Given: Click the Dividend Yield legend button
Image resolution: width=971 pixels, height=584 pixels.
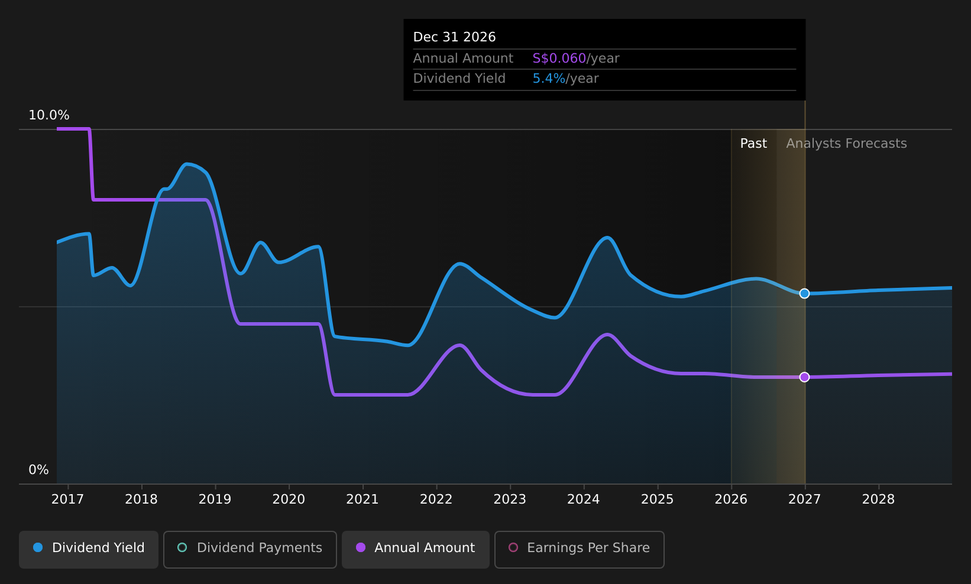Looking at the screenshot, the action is (89, 549).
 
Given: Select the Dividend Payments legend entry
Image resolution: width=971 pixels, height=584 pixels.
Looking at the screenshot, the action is (250, 549).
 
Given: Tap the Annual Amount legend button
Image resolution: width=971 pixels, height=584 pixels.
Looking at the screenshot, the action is (415, 549).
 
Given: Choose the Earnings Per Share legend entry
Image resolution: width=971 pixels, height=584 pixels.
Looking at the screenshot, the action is (579, 549).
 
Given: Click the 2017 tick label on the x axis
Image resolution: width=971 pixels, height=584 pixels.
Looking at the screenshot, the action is (67, 499).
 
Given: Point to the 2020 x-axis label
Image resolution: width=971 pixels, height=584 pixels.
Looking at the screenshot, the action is (289, 499).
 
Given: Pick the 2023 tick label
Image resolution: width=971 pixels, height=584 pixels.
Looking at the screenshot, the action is (510, 499).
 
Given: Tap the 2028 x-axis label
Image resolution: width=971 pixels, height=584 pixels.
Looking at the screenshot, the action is (878, 499).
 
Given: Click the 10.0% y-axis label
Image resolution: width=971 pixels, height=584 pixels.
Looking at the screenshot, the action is (49, 115).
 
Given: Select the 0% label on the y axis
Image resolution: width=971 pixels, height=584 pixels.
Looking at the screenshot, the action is (38, 470).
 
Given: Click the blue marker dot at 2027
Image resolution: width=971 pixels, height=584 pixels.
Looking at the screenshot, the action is (805, 294).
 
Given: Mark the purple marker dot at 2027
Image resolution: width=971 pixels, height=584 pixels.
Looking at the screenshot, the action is (805, 377).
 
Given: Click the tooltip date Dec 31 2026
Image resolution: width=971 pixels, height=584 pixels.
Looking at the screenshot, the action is (454, 37).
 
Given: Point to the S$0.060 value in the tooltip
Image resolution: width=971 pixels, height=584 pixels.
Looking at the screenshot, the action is (559, 59).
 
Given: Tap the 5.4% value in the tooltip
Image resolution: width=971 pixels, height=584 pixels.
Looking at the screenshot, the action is (549, 79).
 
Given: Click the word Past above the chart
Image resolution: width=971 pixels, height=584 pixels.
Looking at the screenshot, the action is (753, 144).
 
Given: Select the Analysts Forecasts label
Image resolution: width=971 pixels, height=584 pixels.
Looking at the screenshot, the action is (847, 144).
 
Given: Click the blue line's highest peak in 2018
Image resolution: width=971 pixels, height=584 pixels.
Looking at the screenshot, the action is (186, 164).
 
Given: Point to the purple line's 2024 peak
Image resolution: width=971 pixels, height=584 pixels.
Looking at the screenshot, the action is (607, 334).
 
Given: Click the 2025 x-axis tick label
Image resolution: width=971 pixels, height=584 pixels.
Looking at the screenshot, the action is (657, 499).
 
